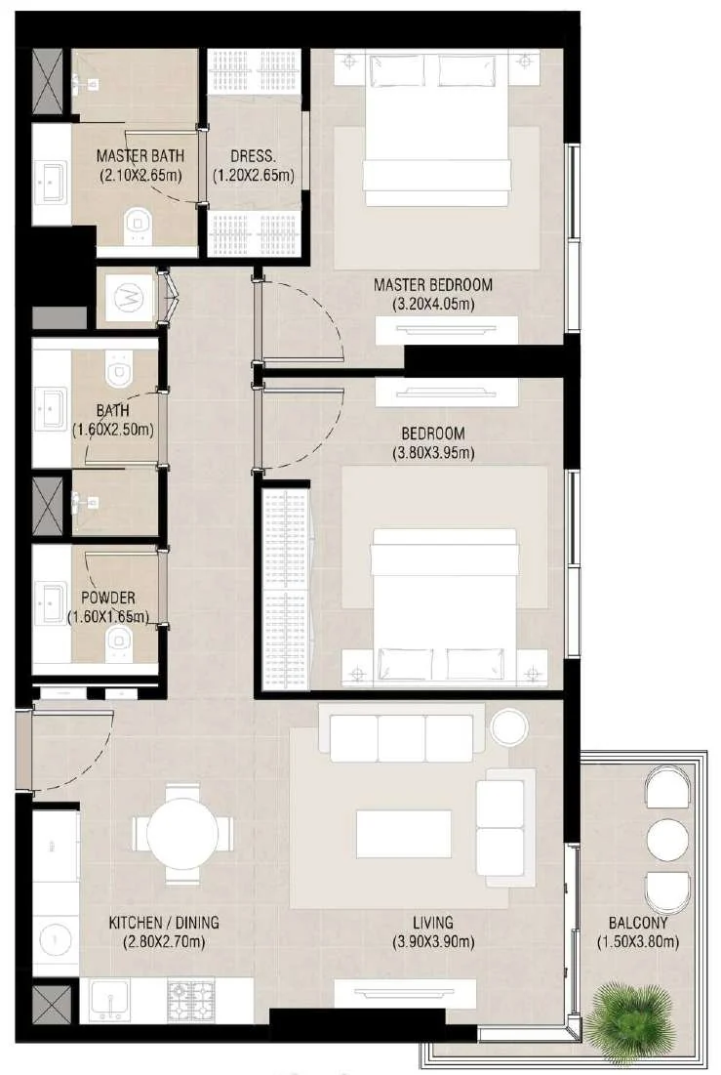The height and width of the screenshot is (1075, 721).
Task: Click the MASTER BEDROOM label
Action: [x=432, y=284]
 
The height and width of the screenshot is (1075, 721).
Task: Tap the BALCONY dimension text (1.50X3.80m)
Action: [x=638, y=942]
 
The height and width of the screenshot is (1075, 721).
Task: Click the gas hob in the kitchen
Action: [x=191, y=1000]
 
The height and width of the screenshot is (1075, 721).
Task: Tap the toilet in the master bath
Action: [x=140, y=226]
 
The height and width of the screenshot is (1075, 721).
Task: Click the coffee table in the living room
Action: [x=404, y=834]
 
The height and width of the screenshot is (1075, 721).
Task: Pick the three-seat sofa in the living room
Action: [x=401, y=738]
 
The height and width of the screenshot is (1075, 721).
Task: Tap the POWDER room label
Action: [x=108, y=598]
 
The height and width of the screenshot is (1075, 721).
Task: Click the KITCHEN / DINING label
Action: [x=164, y=922]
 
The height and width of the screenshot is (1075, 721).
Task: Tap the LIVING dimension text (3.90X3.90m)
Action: [x=433, y=942]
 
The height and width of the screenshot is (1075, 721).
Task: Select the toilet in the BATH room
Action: [x=119, y=371]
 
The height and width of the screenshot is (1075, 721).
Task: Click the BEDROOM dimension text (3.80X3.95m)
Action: [x=433, y=452]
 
